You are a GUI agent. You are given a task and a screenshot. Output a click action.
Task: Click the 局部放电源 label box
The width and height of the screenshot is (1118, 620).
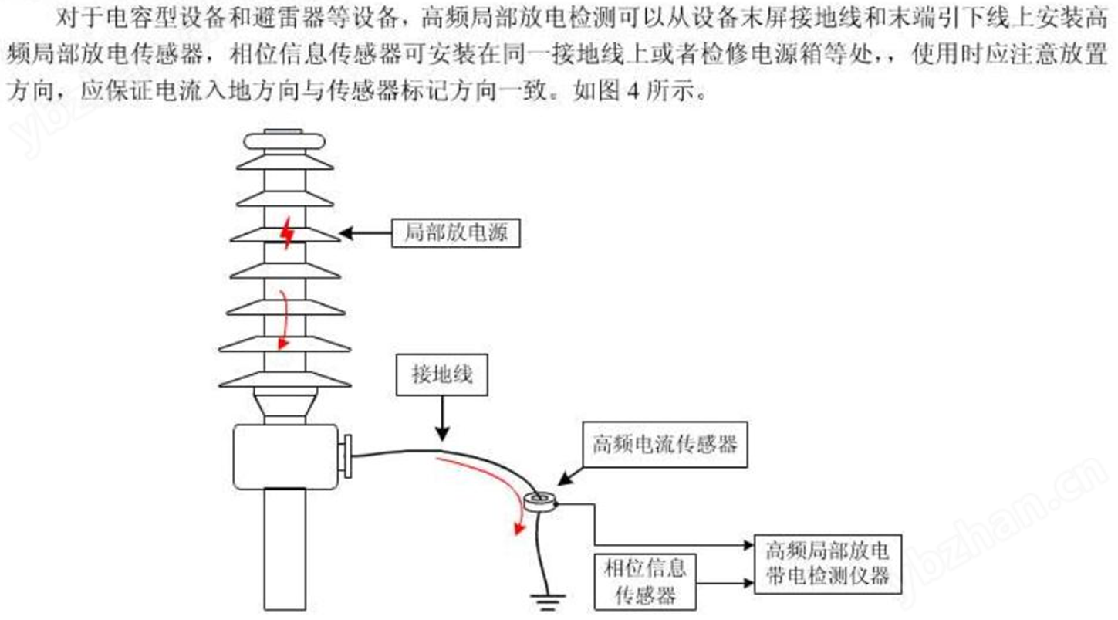456,233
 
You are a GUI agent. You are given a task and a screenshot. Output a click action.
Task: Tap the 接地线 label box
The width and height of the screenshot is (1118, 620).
441,374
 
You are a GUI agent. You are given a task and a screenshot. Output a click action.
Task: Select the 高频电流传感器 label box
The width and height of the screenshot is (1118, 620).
665,445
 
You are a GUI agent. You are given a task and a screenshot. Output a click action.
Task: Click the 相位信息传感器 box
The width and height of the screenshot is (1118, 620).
645,581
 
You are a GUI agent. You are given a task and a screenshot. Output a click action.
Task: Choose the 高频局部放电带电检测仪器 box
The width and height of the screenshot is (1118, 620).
828,564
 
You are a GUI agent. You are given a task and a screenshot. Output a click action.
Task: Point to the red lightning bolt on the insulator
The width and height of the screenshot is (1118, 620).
287,232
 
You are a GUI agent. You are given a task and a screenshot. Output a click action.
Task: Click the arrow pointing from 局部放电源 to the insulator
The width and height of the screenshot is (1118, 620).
366,233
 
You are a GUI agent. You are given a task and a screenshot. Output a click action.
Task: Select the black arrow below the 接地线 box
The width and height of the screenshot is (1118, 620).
442,418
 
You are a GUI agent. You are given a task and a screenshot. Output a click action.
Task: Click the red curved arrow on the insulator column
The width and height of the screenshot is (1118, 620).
285,319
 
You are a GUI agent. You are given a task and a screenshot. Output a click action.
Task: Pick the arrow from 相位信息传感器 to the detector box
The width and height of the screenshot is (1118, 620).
725,582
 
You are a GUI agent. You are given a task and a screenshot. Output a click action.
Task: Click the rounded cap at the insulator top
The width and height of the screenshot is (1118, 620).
285,141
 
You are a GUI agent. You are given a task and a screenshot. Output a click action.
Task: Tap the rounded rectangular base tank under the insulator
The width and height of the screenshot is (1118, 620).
285,456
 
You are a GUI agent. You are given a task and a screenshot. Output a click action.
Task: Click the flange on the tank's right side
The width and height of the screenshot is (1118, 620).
346,456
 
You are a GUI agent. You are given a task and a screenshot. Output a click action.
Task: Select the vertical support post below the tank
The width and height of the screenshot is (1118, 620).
285,549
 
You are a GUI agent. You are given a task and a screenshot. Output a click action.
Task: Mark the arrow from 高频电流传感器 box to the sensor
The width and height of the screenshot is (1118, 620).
570,476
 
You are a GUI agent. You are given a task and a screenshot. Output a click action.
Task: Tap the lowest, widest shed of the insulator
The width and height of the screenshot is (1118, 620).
285,380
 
